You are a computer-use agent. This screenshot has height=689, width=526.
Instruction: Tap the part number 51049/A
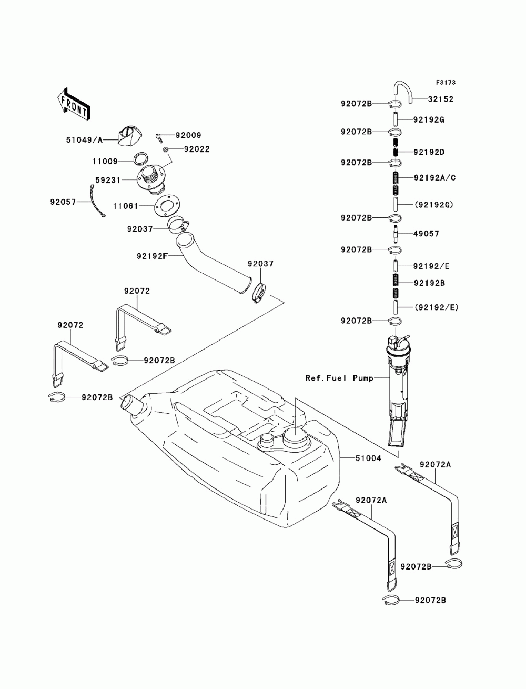84,139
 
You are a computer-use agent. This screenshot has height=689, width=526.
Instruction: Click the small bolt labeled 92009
159,137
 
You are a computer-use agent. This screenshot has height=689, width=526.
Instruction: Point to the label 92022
196,149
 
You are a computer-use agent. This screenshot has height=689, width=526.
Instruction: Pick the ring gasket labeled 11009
141,158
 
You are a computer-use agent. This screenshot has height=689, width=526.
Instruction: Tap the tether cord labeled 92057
96,201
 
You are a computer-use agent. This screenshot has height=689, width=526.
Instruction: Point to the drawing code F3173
446,83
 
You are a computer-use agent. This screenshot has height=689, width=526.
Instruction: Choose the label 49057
426,234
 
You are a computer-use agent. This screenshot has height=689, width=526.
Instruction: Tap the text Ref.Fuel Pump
339,378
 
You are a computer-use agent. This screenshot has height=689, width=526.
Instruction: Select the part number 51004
368,458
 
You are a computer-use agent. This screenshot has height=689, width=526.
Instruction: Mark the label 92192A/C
434,178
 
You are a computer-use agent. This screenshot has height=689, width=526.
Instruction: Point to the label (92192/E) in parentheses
436,307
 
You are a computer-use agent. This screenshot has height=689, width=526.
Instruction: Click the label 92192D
429,152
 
